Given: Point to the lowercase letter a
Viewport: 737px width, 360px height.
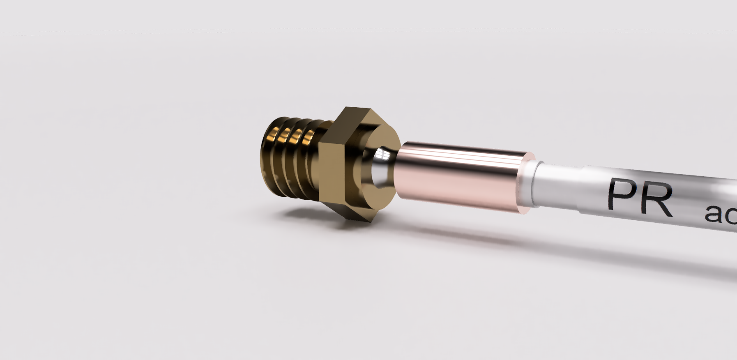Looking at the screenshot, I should (714, 214).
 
